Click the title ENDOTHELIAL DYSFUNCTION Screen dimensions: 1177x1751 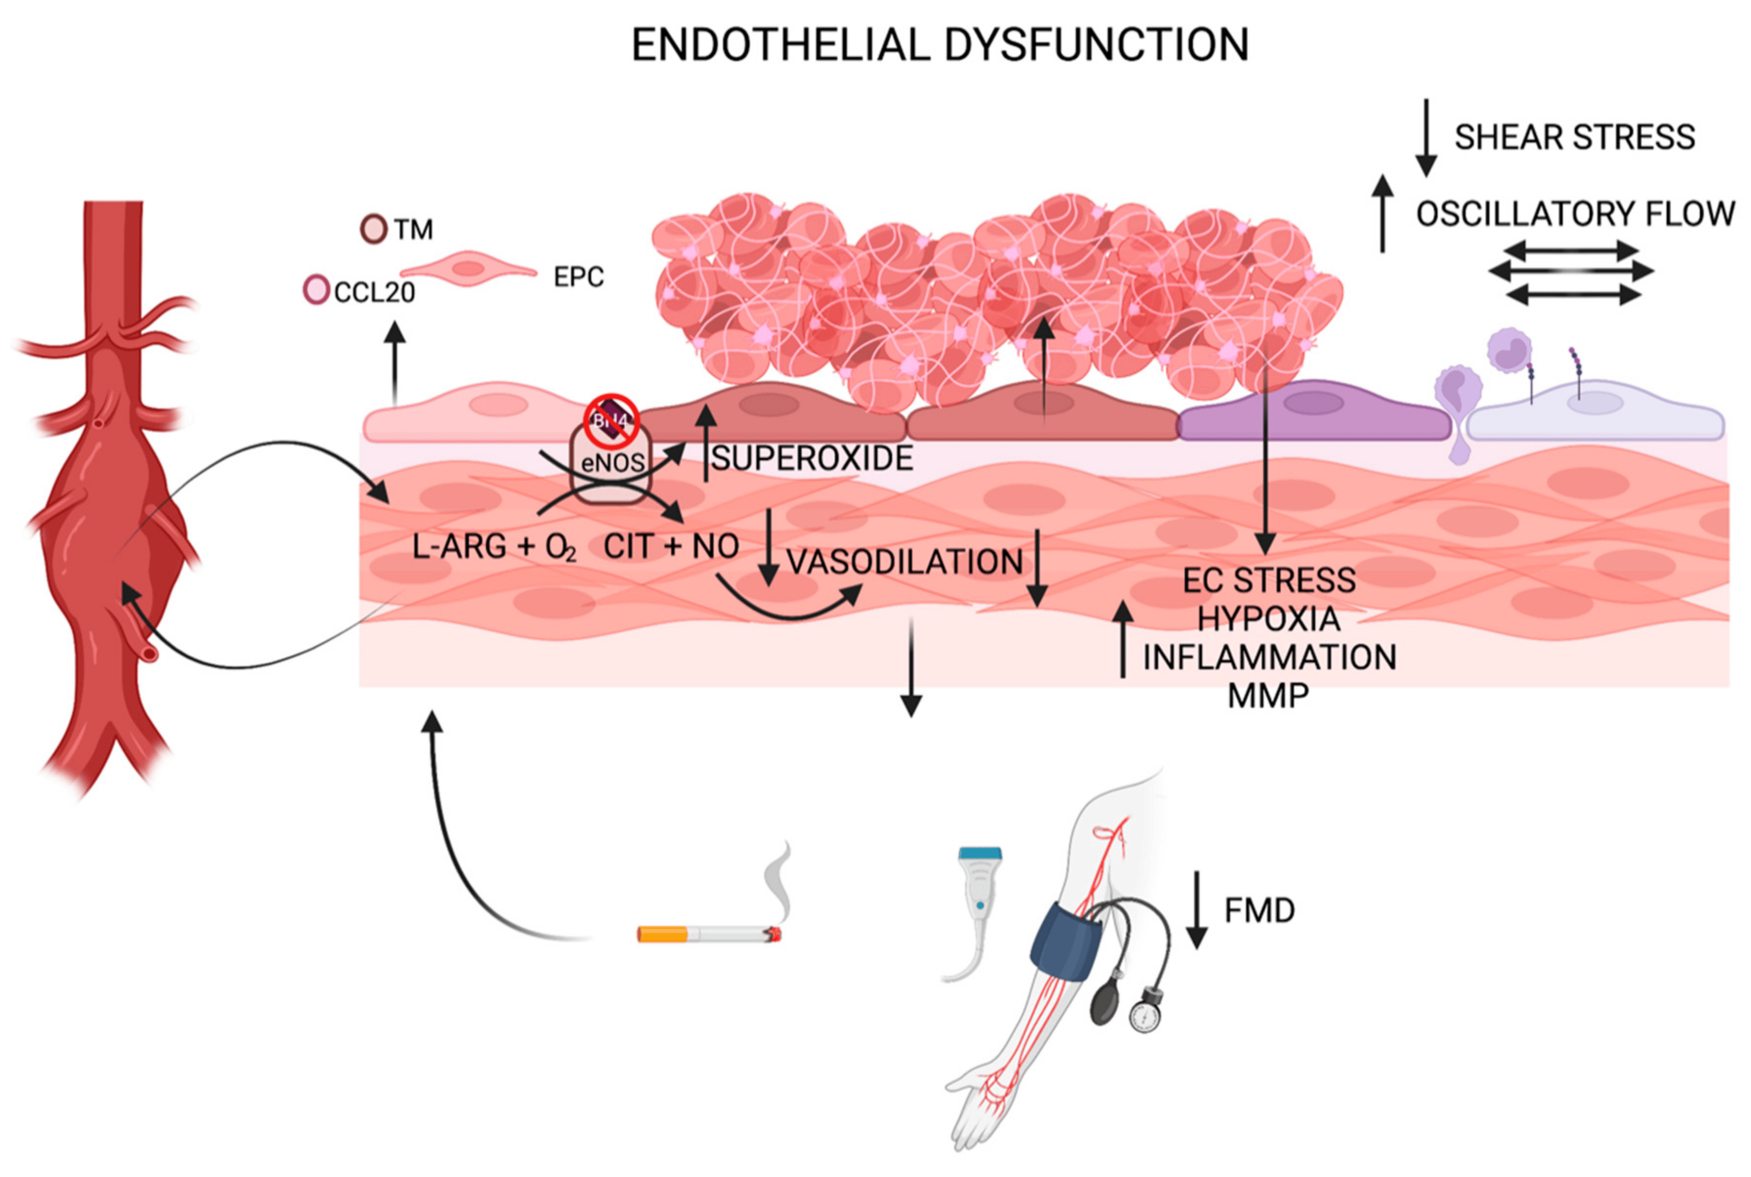pyautogui.click(x=940, y=45)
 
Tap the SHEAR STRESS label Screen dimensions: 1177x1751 pyautogui.click(x=1575, y=137)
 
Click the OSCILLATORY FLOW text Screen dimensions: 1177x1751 pyautogui.click(x=1575, y=214)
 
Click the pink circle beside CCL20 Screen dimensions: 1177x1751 pyautogui.click(x=316, y=290)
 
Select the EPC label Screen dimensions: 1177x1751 pyautogui.click(x=578, y=277)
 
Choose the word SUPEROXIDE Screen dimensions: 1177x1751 pyautogui.click(x=812, y=458)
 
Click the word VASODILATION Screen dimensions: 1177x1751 pyautogui.click(x=905, y=562)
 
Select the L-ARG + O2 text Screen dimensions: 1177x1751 pyautogui.click(x=494, y=548)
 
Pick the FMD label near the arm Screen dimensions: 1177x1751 pyautogui.click(x=1259, y=911)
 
